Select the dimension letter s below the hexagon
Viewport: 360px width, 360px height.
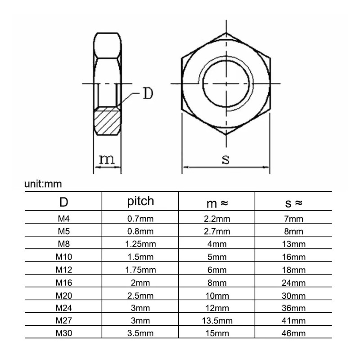pyautogui.click(x=225, y=159)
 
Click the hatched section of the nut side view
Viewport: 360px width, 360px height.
pyautogui.click(x=108, y=121)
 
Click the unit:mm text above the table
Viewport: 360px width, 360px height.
pyautogui.click(x=43, y=184)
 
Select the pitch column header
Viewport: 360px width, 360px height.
pyautogui.click(x=140, y=201)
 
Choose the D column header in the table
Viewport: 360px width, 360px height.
pyautogui.click(x=63, y=202)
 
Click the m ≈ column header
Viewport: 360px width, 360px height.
pyautogui.click(x=217, y=203)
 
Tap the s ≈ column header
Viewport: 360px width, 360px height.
pyautogui.click(x=293, y=203)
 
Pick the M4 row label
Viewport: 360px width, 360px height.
pyautogui.click(x=63, y=219)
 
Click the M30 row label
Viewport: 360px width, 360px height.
pyautogui.click(x=63, y=333)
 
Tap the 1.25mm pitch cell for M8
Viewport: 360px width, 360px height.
pyautogui.click(x=140, y=244)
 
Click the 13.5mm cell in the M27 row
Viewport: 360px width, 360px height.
pyautogui.click(x=217, y=320)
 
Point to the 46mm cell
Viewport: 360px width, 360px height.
pyautogui.click(x=293, y=333)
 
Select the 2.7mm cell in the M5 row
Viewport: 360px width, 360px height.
pyautogui.click(x=217, y=232)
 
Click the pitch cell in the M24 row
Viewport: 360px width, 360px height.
pyautogui.click(x=140, y=308)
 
